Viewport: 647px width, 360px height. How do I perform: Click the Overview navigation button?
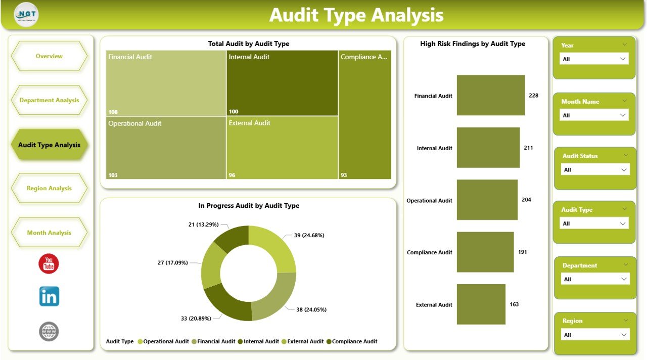pyautogui.click(x=49, y=56)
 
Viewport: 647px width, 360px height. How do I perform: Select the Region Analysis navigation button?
pyautogui.click(x=49, y=188)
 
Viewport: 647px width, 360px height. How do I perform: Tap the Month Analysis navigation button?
pyautogui.click(x=49, y=233)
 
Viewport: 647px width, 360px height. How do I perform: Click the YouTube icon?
pyautogui.click(x=49, y=264)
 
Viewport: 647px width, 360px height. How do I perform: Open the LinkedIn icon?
pyautogui.click(x=49, y=296)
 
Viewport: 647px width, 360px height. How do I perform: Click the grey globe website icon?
pyautogui.click(x=49, y=332)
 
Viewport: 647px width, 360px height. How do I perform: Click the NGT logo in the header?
pyautogui.click(x=26, y=15)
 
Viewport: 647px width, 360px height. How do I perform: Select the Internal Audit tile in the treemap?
pyautogui.click(x=282, y=83)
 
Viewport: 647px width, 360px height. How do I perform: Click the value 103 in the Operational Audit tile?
pyautogui.click(x=113, y=175)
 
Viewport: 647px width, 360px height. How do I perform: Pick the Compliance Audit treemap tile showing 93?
pyautogui.click(x=364, y=115)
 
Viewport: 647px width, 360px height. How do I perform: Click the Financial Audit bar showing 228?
pyautogui.click(x=490, y=96)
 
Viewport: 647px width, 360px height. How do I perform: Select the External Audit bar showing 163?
pyautogui.click(x=481, y=304)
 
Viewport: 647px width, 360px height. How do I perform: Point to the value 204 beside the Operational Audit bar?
pyautogui.click(x=526, y=200)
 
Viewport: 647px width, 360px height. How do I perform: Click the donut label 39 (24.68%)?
pyautogui.click(x=309, y=235)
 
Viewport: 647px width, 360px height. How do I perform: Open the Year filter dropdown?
pyautogui.click(x=594, y=59)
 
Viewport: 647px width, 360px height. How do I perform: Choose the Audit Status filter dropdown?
pyautogui.click(x=595, y=170)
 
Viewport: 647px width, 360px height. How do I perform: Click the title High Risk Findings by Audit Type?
pyautogui.click(x=473, y=44)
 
